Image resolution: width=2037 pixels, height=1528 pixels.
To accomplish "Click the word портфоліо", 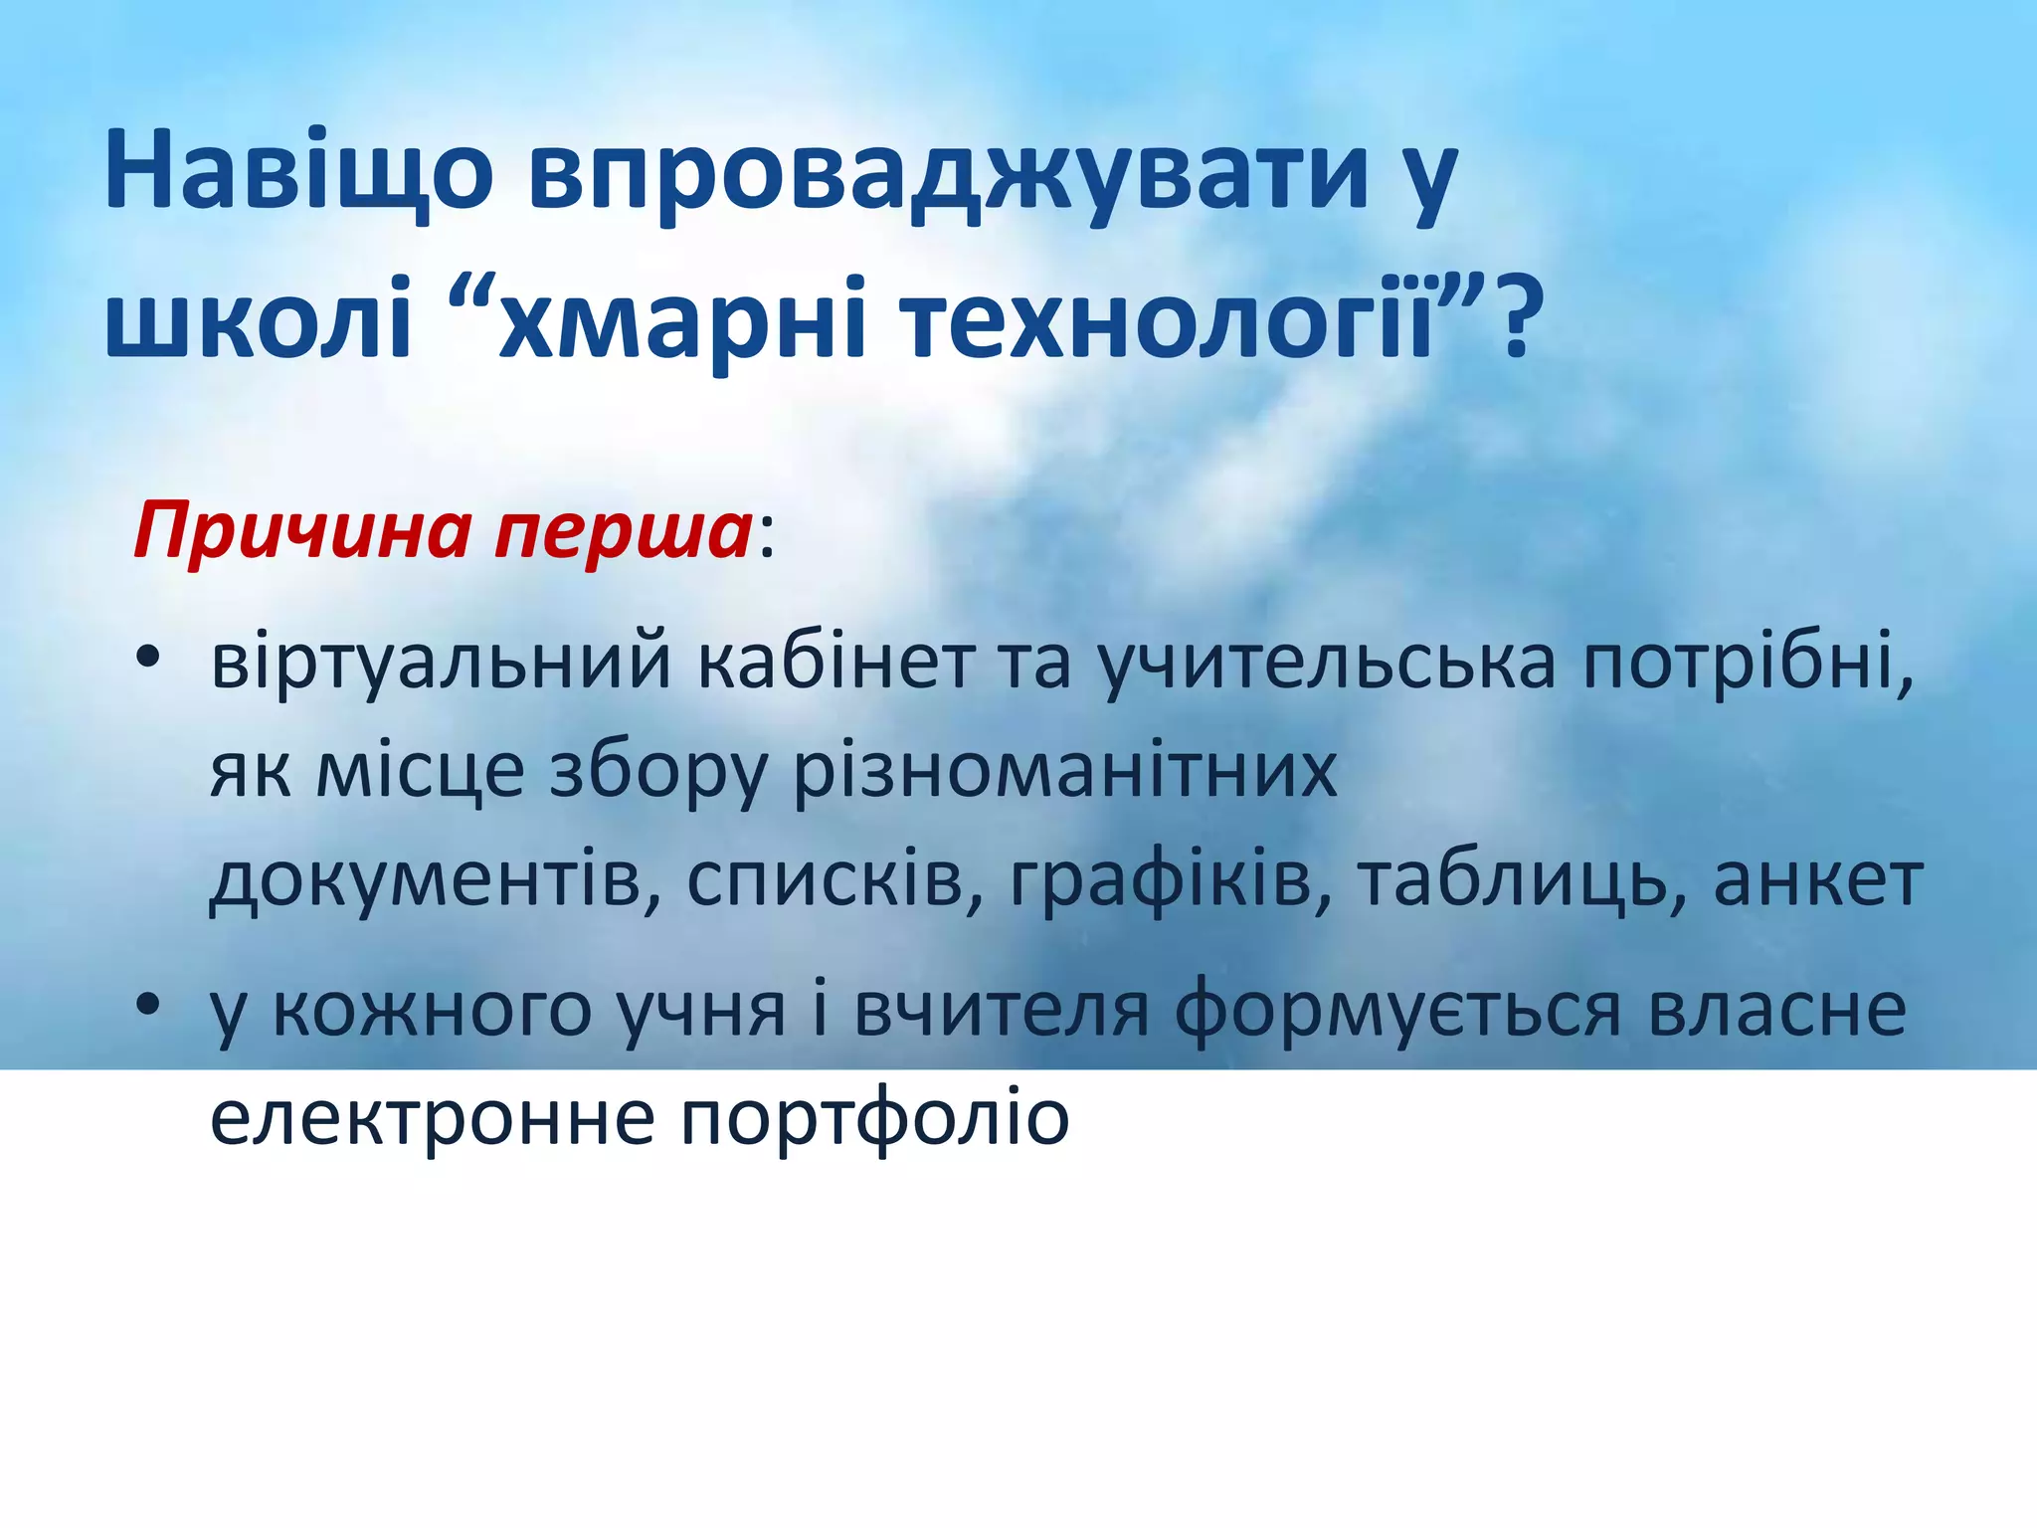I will (x=874, y=1119).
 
